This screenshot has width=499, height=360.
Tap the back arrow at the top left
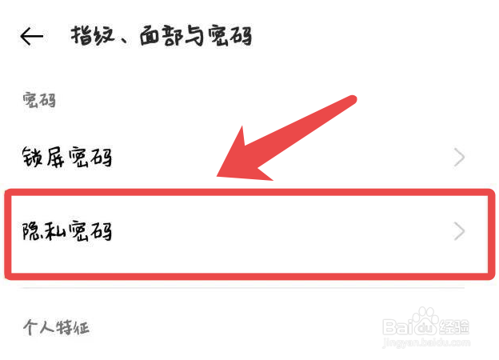click(31, 36)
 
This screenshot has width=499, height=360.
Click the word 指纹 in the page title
click(90, 36)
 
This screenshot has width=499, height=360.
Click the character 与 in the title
click(192, 36)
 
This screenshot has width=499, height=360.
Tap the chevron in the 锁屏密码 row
click(459, 158)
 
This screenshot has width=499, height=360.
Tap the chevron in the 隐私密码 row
click(459, 232)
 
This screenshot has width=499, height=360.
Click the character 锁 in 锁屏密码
click(33, 158)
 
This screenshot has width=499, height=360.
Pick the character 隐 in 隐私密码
click(33, 231)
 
